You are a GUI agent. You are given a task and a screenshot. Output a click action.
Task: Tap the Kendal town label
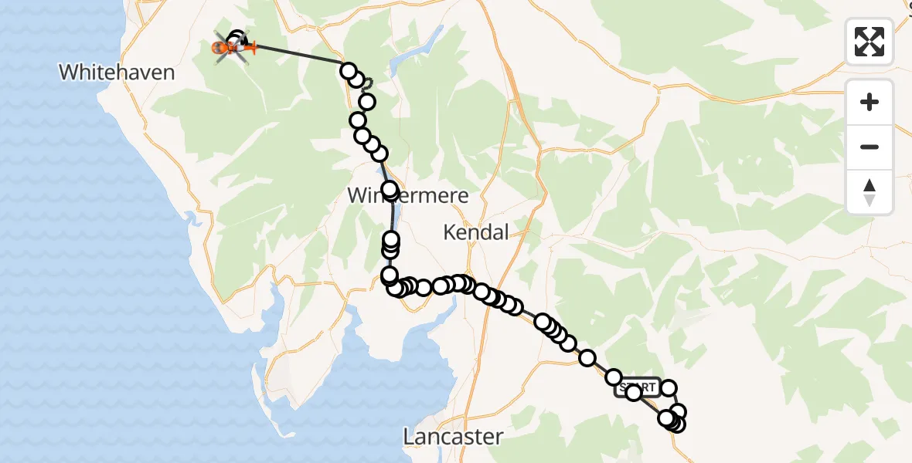pyautogui.click(x=476, y=231)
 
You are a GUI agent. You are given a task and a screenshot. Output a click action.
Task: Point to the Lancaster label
pyautogui.click(x=453, y=437)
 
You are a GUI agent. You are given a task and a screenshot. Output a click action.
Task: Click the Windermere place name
pyautogui.click(x=408, y=195)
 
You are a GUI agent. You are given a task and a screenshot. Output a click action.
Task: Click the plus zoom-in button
pyautogui.click(x=869, y=103)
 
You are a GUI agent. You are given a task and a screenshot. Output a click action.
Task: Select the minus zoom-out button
pyautogui.click(x=869, y=147)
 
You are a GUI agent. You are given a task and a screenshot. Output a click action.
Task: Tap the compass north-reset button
pyautogui.click(x=869, y=191)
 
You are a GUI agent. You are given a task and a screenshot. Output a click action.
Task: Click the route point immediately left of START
pyautogui.click(x=614, y=377)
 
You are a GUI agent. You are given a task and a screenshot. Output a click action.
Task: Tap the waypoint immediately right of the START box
pyautogui.click(x=669, y=388)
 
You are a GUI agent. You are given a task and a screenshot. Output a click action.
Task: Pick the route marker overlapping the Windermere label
pyautogui.click(x=389, y=189)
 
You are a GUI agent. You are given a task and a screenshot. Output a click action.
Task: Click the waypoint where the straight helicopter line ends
pyautogui.click(x=348, y=70)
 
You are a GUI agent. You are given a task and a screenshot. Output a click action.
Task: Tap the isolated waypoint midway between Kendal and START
pyautogui.click(x=587, y=358)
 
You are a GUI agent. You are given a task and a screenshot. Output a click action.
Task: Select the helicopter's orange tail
pyautogui.click(x=249, y=49)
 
